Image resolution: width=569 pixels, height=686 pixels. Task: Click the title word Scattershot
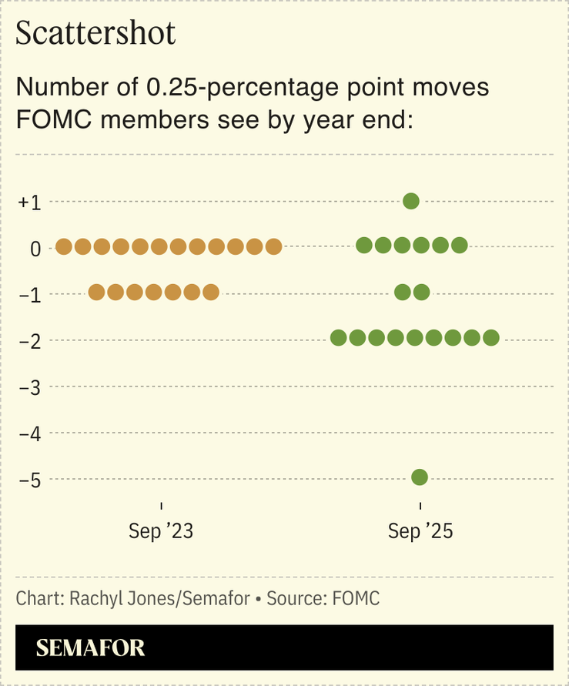click(95, 35)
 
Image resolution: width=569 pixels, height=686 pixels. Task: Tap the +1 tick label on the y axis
click(30, 202)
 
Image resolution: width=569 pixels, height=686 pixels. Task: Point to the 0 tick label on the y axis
click(35, 249)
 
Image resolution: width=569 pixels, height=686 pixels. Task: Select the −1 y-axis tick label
click(30, 295)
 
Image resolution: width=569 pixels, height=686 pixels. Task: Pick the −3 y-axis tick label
click(30, 387)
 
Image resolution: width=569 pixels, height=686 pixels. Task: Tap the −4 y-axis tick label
click(30, 434)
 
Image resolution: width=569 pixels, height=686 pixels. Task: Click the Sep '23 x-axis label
click(161, 531)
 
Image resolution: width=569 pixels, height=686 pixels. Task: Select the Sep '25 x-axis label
click(420, 531)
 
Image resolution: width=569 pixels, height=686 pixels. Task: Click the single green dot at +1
click(411, 201)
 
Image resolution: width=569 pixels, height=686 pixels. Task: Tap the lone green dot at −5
click(420, 477)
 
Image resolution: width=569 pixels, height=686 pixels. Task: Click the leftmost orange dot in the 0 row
click(64, 246)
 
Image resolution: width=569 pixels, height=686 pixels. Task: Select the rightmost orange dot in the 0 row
click(273, 246)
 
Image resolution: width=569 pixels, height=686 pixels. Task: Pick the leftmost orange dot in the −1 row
click(96, 293)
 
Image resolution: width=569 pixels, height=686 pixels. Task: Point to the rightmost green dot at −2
click(491, 337)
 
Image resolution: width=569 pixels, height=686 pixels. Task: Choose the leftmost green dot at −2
click(338, 337)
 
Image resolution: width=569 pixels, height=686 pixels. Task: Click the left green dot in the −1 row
click(402, 292)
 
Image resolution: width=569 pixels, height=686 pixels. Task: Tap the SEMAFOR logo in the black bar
click(90, 648)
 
